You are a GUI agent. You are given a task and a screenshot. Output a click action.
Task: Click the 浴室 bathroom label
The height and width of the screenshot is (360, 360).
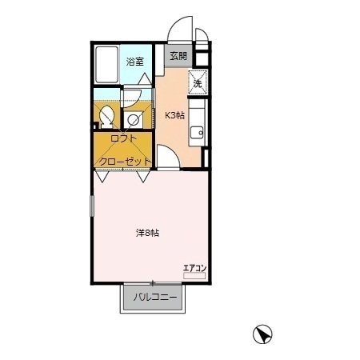coord(135,62)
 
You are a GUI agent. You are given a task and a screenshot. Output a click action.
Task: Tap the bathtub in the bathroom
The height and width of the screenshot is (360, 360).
coord(106,65)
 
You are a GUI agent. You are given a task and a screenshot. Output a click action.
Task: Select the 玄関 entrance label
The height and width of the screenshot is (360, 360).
coord(178,56)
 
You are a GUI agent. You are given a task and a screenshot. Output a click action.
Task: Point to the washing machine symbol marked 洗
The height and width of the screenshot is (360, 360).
coord(198,82)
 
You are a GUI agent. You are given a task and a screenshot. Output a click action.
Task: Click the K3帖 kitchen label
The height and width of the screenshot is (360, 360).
coord(174,115)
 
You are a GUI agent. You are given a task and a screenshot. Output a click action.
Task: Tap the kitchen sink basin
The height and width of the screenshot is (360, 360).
coord(198,132)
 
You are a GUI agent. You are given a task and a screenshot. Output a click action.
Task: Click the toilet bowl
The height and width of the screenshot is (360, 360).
coord(107,117)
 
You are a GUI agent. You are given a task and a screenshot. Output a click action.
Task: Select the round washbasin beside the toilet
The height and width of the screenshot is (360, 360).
coord(133,119)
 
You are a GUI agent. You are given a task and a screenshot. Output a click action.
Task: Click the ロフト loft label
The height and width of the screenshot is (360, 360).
coord(124,138)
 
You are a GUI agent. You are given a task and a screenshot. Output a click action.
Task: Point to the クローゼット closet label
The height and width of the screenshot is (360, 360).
coord(125,162)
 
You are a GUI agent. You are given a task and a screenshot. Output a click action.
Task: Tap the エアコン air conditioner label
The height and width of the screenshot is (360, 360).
coord(194,268)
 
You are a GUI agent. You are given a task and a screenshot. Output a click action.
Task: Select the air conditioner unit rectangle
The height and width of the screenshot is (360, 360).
coord(194,276)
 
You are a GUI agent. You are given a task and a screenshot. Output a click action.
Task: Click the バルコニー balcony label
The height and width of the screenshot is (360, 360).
coord(155,297)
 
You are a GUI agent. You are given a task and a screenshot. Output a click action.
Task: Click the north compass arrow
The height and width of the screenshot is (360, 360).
coord(262,334)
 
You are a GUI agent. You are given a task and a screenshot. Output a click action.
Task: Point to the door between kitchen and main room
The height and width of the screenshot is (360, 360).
coord(168,158)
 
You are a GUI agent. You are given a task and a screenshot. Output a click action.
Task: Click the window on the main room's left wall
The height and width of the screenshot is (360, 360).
coord(92,206)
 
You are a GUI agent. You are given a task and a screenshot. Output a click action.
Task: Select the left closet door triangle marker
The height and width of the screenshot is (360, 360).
coord(102,177)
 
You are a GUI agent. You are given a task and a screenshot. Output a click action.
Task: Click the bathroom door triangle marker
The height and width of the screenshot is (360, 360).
coord(146,78)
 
